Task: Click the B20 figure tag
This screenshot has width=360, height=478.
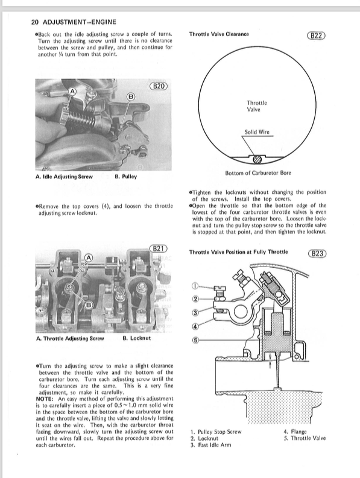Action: pos(159,86)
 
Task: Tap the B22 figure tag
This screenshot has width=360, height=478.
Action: pos(316,35)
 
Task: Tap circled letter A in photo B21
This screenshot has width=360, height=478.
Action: pos(88,257)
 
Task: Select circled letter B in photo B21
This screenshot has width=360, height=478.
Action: pos(88,304)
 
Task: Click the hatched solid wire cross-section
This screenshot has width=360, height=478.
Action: pos(257,159)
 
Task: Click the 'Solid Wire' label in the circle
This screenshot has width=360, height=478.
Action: pos(257,132)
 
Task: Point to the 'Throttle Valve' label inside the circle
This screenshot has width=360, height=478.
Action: pos(257,106)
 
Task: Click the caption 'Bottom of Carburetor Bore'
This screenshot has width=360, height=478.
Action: pos(257,173)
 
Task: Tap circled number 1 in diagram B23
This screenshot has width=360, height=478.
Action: pos(195,286)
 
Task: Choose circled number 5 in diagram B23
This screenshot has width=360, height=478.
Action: pos(195,341)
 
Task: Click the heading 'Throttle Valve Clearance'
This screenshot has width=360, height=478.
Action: pos(219,34)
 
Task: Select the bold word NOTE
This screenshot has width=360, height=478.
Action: pos(45,399)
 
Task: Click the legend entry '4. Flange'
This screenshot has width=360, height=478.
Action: pos(295,432)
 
